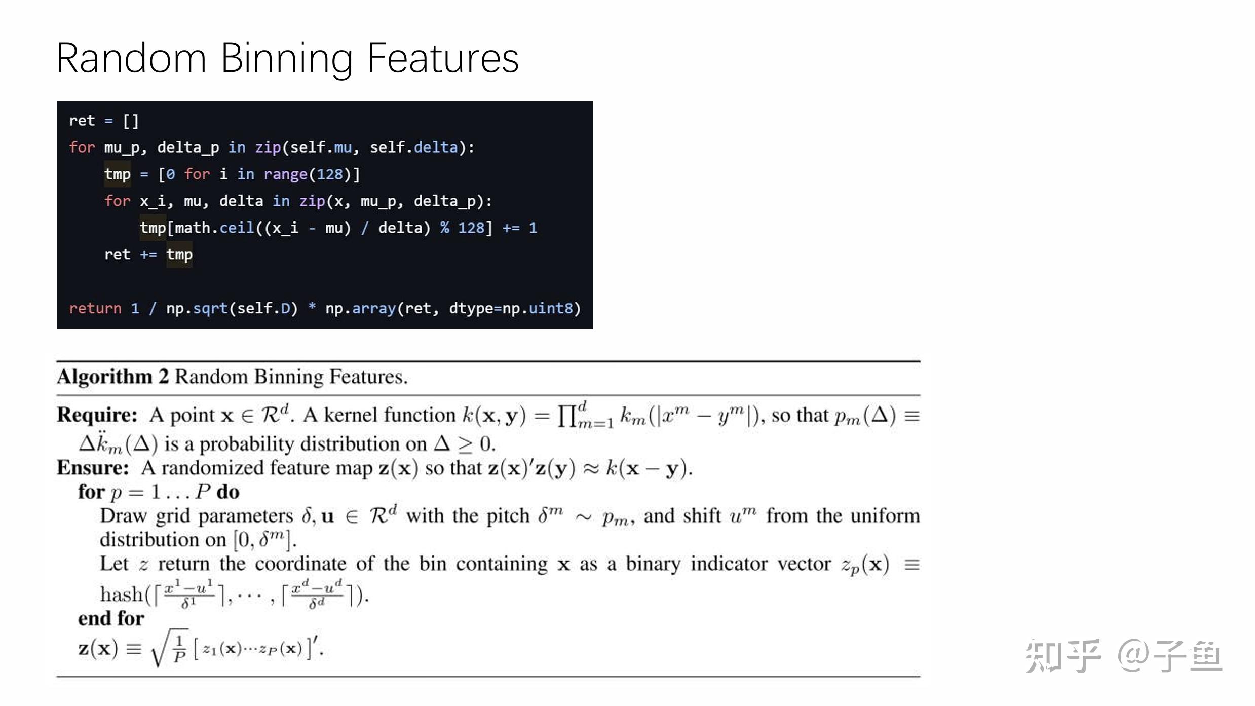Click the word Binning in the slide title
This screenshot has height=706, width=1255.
coord(287,59)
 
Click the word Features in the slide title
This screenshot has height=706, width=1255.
coord(443,59)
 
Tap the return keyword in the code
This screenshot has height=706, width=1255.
coord(95,308)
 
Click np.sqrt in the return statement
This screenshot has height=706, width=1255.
coord(197,308)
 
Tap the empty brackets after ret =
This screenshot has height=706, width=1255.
coord(131,121)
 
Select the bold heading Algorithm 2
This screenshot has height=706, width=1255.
coord(112,377)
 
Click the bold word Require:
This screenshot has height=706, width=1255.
coord(97,415)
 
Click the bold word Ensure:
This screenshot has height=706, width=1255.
coord(93,468)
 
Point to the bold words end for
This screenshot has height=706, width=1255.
coord(111,618)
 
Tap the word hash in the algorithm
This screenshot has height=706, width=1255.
coord(122,594)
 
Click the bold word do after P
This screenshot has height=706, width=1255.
coord(228,492)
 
